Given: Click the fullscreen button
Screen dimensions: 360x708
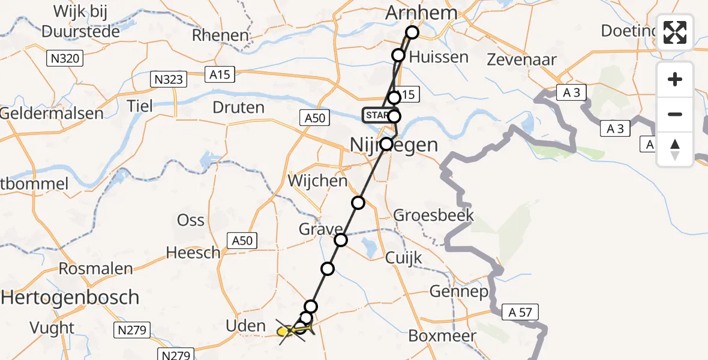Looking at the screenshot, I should [675, 32].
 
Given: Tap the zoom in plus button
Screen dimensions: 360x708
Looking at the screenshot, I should [675, 79].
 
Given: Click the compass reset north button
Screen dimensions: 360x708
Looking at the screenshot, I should [675, 149].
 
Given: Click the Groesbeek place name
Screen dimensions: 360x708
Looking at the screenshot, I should [434, 215].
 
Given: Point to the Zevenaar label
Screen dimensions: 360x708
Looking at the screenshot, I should [521, 59].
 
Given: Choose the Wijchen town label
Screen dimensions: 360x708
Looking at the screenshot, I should [317, 181].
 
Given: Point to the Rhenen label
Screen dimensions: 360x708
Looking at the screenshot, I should [220, 35].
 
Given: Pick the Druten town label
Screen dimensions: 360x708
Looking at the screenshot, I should [238, 108].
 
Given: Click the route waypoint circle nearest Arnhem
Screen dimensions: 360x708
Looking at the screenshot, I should [412, 32].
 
